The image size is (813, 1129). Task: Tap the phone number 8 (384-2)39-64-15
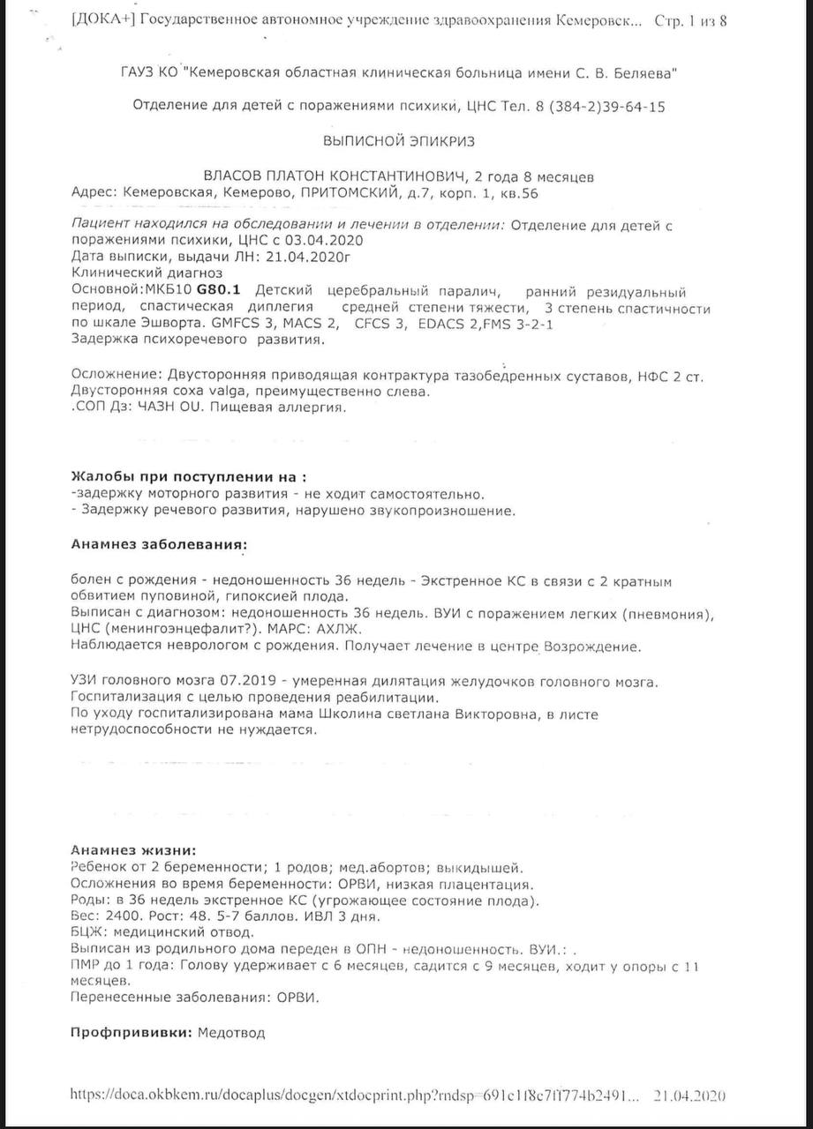click(598, 107)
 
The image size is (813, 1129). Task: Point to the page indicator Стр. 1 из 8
click(690, 20)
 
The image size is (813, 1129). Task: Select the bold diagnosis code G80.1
click(224, 291)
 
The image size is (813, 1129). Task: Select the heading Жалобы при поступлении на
click(190, 476)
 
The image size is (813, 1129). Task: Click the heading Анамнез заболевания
click(159, 544)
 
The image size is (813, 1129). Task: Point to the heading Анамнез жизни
click(133, 850)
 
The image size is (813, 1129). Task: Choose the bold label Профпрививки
click(132, 1031)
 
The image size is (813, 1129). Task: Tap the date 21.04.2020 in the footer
click(689, 1095)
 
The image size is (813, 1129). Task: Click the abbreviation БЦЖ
click(87, 931)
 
